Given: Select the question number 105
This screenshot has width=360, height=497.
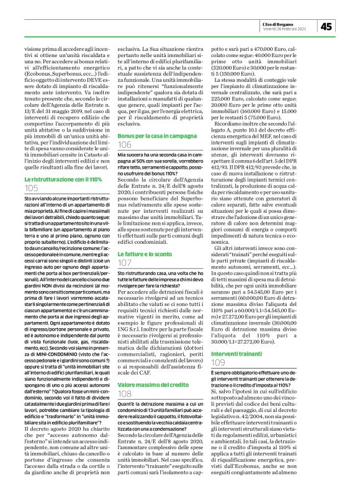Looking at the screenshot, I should click(32, 187).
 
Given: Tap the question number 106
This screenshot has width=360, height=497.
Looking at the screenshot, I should click(125, 144).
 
